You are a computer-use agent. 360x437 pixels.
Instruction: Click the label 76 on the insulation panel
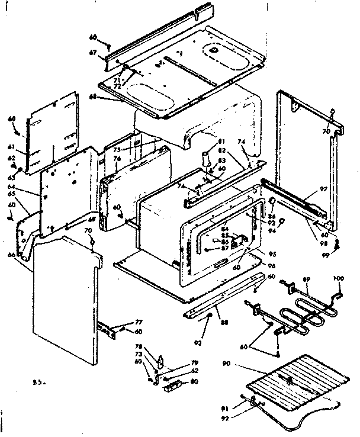pyautogui.click(x=117, y=158)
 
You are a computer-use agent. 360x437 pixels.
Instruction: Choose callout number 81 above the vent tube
pyautogui.click(x=222, y=141)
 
